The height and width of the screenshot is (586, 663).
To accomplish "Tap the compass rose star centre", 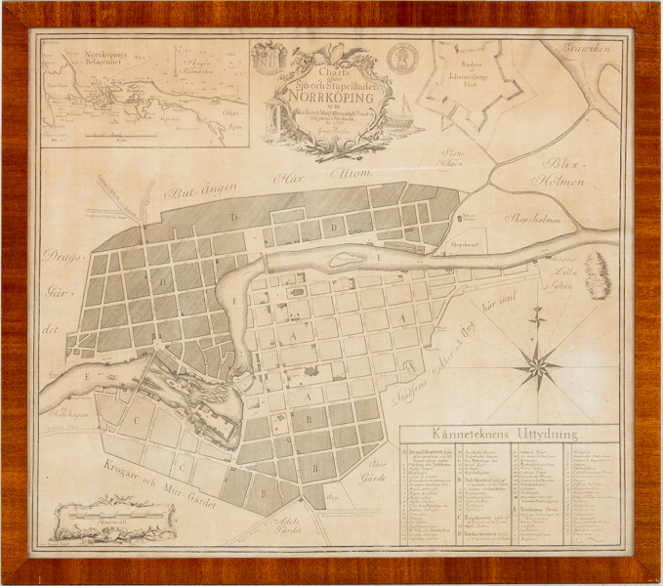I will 536,368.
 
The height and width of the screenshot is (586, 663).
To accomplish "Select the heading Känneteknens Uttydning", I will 509,435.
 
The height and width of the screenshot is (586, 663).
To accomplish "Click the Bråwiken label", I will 588,50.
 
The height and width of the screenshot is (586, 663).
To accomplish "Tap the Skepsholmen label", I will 533,221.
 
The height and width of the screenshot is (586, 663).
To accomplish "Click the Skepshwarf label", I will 467,240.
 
